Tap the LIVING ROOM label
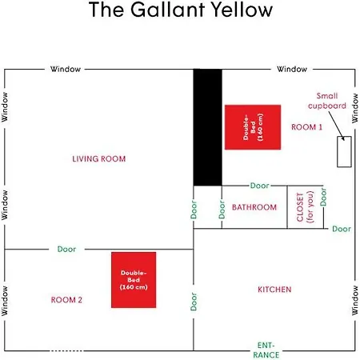(x=99, y=159)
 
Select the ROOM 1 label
(x=306, y=127)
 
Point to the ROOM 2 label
(x=66, y=300)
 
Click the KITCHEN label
(x=274, y=290)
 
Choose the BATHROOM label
(x=254, y=207)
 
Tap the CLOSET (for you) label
(x=305, y=207)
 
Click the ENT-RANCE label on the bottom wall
(x=266, y=350)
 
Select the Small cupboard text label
(x=327, y=101)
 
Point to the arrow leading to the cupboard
(x=337, y=126)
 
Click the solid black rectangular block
(x=207, y=127)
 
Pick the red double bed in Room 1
(x=253, y=127)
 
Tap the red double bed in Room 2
(x=134, y=280)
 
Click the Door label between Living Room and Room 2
(x=66, y=249)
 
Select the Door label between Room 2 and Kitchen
(x=194, y=302)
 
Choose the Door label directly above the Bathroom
(x=259, y=186)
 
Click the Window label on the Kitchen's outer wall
(x=355, y=300)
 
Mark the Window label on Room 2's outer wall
(x=5, y=301)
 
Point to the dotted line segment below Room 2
(x=66, y=351)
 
